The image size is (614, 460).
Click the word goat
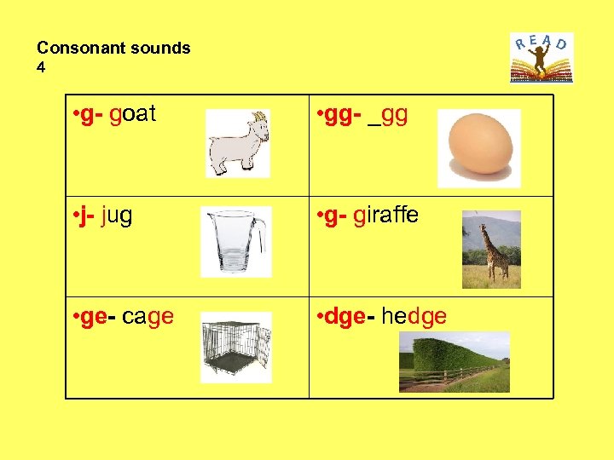pyautogui.click(x=133, y=114)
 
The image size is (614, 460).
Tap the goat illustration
pyautogui.click(x=238, y=143)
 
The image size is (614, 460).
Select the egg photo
pyautogui.click(x=478, y=146)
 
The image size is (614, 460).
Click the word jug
pyautogui.click(x=117, y=216)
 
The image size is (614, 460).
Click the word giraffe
pyautogui.click(x=386, y=216)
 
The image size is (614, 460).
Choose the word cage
pyautogui.click(x=148, y=317)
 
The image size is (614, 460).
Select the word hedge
pyautogui.click(x=414, y=317)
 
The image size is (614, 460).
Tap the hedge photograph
pyautogui.click(x=454, y=361)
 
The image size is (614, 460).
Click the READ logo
pyautogui.click(x=542, y=57)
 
